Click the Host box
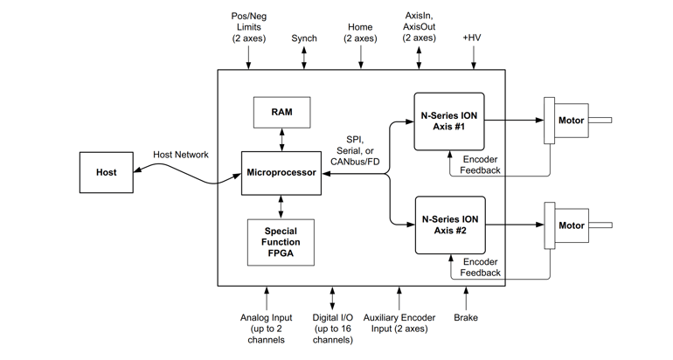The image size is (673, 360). click(x=106, y=172)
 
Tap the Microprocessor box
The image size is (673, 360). click(x=281, y=173)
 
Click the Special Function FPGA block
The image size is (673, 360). click(x=281, y=242)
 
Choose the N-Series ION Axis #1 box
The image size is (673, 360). click(x=449, y=120)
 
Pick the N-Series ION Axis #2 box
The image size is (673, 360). click(x=449, y=225)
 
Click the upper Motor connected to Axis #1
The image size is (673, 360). click(x=571, y=121)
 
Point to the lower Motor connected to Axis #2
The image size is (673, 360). click(x=571, y=225)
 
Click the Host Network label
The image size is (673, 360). click(x=181, y=155)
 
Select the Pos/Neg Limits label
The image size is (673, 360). click(x=248, y=27)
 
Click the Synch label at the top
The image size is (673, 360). click(x=304, y=38)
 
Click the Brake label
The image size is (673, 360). click(x=466, y=318)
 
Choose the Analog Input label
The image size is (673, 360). click(x=267, y=329)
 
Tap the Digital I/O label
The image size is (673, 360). click(x=332, y=329)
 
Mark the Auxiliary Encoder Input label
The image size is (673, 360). click(x=399, y=323)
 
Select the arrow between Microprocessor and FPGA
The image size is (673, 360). click(x=281, y=206)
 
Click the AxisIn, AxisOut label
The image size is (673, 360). click(x=420, y=27)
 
